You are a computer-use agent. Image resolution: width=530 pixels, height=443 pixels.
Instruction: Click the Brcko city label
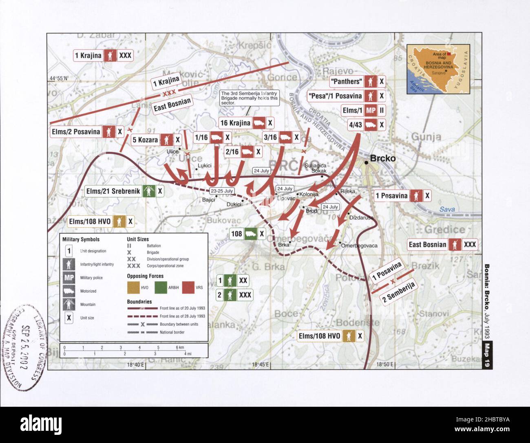pyautogui.click(x=382, y=158)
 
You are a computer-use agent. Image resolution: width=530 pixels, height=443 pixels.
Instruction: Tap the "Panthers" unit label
pyautogui.click(x=346, y=81)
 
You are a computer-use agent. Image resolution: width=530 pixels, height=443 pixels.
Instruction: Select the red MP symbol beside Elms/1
pyautogui.click(x=370, y=110)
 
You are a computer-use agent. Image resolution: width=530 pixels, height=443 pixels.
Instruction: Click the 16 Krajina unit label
pyautogui.click(x=235, y=123)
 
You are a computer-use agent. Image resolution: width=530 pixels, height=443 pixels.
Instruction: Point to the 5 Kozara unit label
pyautogui.click(x=145, y=140)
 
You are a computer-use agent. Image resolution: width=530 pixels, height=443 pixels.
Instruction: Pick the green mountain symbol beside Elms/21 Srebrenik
pyautogui.click(x=148, y=191)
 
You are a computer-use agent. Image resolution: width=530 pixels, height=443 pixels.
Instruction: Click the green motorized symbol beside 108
pyautogui.click(x=250, y=234)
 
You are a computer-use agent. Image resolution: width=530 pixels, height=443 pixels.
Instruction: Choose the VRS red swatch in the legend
pyautogui.click(x=188, y=287)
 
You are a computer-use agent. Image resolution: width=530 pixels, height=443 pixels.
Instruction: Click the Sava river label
pyautogui.click(x=447, y=209)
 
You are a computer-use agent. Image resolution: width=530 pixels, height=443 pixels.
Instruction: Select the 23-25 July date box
pyautogui.click(x=222, y=191)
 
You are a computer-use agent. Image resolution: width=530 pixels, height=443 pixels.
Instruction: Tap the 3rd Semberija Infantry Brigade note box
pyautogui.click(x=250, y=98)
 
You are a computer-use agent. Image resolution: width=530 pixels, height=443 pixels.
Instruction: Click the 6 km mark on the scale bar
pyautogui.click(x=179, y=347)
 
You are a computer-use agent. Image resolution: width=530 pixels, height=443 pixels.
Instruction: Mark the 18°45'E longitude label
pyautogui.click(x=261, y=365)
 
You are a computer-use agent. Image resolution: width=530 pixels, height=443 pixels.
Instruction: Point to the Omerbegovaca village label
pyautogui.click(x=359, y=246)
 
